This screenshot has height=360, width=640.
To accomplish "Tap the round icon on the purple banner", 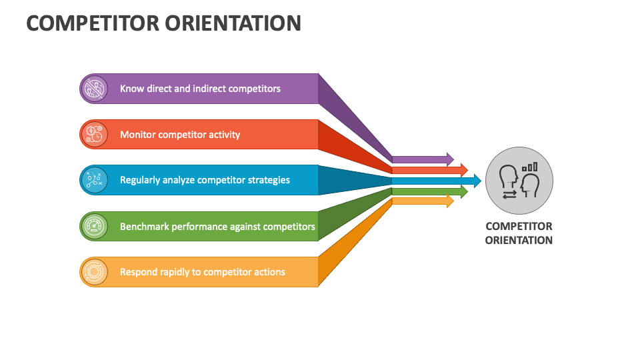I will pyautogui.click(x=94, y=89).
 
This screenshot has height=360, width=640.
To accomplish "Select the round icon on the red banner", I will pyautogui.click(x=94, y=135).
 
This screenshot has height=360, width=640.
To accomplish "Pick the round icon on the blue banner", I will pyautogui.click(x=94, y=180).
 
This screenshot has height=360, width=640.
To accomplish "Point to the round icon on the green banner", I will pyautogui.click(x=94, y=227).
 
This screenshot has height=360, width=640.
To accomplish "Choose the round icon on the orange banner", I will pyautogui.click(x=94, y=272).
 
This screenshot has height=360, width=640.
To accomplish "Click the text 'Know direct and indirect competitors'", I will pyautogui.click(x=200, y=89).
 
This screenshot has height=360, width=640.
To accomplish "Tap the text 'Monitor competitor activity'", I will pyautogui.click(x=180, y=135).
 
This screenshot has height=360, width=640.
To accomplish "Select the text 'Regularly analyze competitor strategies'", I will pyautogui.click(x=205, y=180).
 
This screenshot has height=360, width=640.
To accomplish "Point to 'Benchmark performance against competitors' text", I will pyautogui.click(x=217, y=227).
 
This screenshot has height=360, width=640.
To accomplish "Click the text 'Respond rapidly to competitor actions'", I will pyautogui.click(x=203, y=272).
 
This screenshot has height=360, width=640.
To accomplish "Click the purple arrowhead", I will pyautogui.click(x=450, y=159).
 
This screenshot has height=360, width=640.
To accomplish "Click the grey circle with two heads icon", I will pyautogui.click(x=519, y=180).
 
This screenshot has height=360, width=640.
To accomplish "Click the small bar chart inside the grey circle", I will pyautogui.click(x=530, y=166).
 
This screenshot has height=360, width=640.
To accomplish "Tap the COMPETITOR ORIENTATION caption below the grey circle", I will pyautogui.click(x=519, y=233).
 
